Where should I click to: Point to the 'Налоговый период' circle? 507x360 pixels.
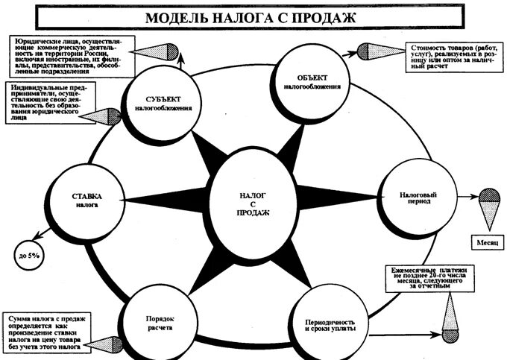(x=412, y=198)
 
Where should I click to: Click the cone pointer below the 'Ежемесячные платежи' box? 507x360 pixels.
(x=450, y=316)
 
